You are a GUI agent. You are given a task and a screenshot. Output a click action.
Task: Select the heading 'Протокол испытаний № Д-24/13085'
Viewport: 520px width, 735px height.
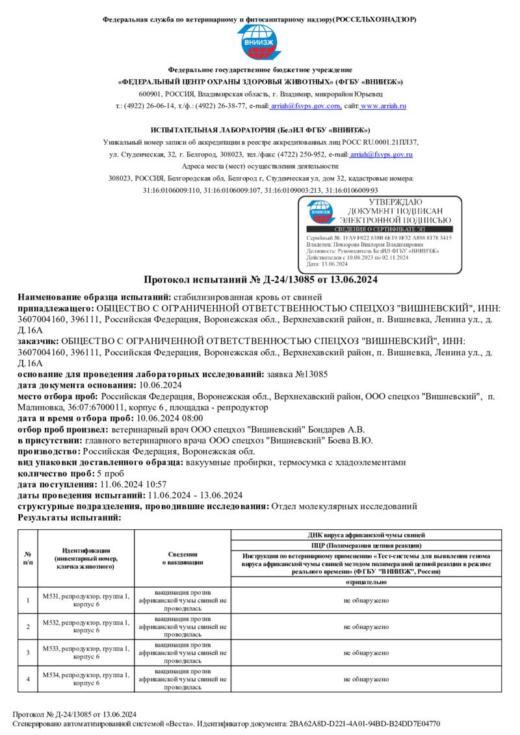click(x=259, y=280)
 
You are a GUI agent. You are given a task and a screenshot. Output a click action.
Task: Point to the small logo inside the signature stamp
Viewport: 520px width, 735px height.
click(x=320, y=211)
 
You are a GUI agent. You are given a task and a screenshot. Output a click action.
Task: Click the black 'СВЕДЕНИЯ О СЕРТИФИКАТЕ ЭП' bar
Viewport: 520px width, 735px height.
click(x=379, y=230)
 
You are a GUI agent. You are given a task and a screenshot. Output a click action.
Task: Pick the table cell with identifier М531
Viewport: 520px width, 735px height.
click(x=86, y=600)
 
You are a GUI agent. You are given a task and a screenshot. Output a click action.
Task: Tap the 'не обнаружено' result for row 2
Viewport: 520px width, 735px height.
click(x=366, y=627)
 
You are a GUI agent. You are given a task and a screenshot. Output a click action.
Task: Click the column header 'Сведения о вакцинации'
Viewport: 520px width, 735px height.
click(x=183, y=558)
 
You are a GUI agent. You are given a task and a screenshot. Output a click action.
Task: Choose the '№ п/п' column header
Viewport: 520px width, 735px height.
click(x=28, y=558)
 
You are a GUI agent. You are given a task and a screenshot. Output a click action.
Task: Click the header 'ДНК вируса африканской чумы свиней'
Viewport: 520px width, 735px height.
click(x=366, y=534)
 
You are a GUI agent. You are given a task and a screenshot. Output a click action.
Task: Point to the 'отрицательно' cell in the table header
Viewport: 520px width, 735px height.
click(x=366, y=582)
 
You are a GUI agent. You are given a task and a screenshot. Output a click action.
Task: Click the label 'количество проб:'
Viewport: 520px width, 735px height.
click(x=56, y=473)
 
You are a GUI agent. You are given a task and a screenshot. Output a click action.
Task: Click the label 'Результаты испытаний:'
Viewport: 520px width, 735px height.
click(x=70, y=517)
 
